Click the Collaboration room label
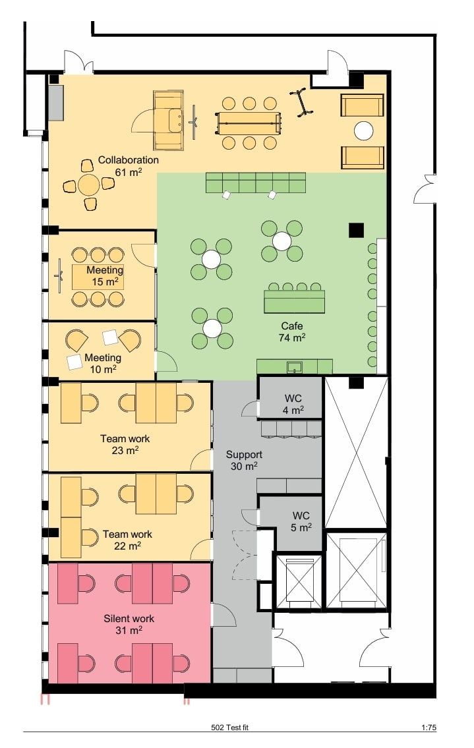[x=128, y=165]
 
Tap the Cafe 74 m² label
[x=291, y=331]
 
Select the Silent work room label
[x=129, y=625]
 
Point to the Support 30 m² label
[x=244, y=461]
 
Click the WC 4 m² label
[x=293, y=404]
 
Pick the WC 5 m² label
[x=301, y=521]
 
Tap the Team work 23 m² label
[x=125, y=444]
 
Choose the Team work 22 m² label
[x=127, y=540]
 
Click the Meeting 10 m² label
[x=103, y=363]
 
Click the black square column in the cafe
[x=356, y=230]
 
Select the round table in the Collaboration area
[x=89, y=185]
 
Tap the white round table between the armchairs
[x=363, y=130]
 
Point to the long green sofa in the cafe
[x=256, y=183]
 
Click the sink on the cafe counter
[x=295, y=366]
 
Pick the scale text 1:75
[x=429, y=728]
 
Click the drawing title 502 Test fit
[x=229, y=728]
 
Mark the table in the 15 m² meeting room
[x=98, y=277]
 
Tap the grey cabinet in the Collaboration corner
[x=56, y=103]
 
